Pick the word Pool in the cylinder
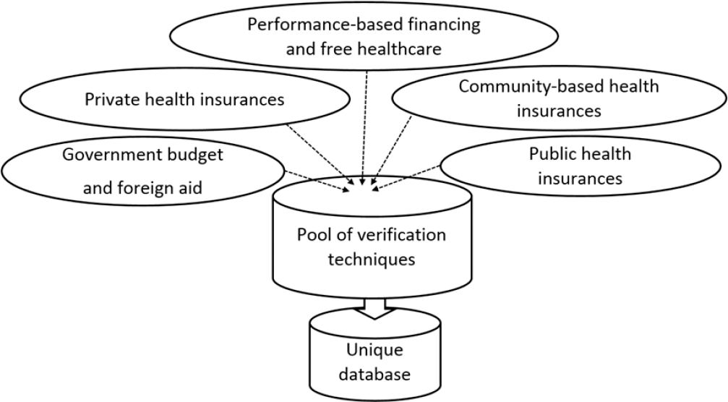pyautogui.click(x=313, y=235)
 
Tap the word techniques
pyautogui.click(x=371, y=259)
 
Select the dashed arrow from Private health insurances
pyautogui.click(x=322, y=153)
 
